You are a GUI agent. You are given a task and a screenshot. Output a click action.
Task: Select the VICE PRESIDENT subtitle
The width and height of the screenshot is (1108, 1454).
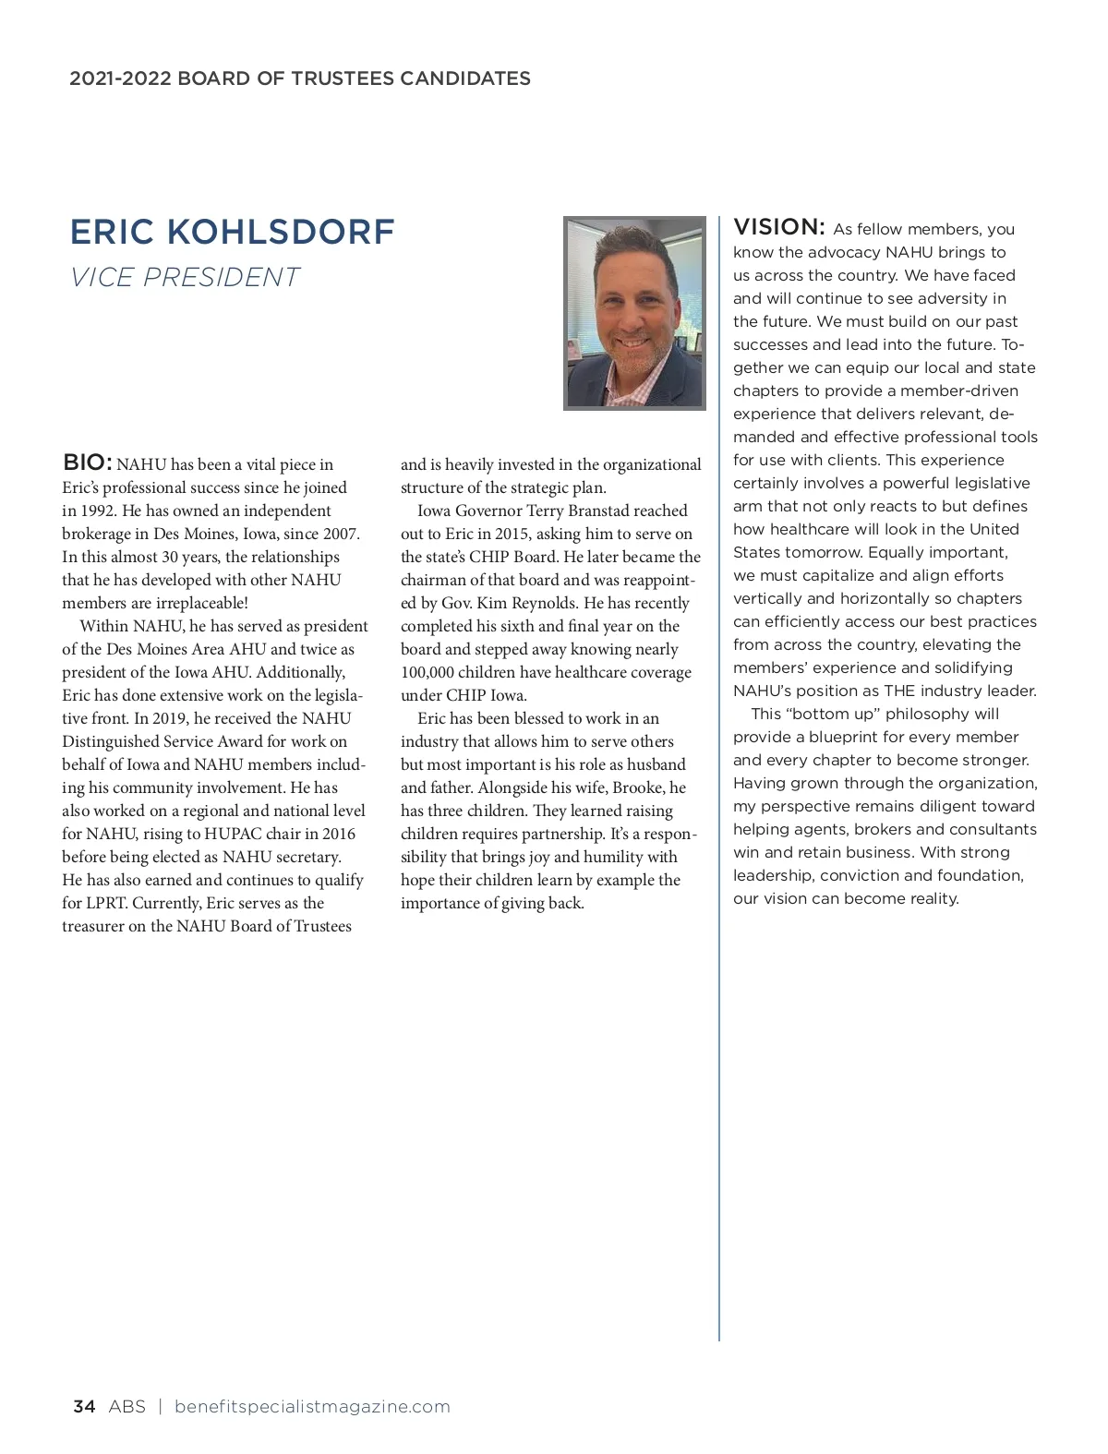coord(185,277)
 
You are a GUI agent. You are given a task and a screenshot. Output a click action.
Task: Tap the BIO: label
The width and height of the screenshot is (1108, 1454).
coord(88,463)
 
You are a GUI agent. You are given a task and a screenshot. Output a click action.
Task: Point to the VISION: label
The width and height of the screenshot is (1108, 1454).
coord(778,227)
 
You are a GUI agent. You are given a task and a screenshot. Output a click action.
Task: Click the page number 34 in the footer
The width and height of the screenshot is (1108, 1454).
coord(84,1406)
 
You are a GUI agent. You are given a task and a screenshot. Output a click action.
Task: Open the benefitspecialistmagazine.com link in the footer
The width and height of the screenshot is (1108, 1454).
coord(312,1406)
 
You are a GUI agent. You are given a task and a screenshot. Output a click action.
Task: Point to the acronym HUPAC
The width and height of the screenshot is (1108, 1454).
coord(234,834)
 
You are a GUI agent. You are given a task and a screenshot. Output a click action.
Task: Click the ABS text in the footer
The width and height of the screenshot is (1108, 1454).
coord(126,1406)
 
